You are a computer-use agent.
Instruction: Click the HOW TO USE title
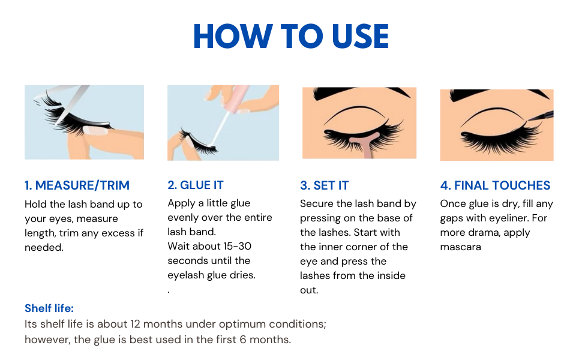(x=291, y=36)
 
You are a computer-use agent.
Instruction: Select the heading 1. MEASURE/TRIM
(x=77, y=185)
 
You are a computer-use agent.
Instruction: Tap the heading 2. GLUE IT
(x=196, y=185)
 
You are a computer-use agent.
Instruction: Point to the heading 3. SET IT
(x=325, y=185)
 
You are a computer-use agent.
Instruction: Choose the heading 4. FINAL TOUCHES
(x=495, y=185)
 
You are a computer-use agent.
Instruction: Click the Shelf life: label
(x=49, y=308)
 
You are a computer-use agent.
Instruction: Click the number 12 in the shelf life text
(x=135, y=324)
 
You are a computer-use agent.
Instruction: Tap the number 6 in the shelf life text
(x=243, y=340)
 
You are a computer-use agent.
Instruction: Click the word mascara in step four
(x=461, y=247)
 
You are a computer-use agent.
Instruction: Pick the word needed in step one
(x=44, y=248)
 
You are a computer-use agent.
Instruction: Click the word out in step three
(x=309, y=290)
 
